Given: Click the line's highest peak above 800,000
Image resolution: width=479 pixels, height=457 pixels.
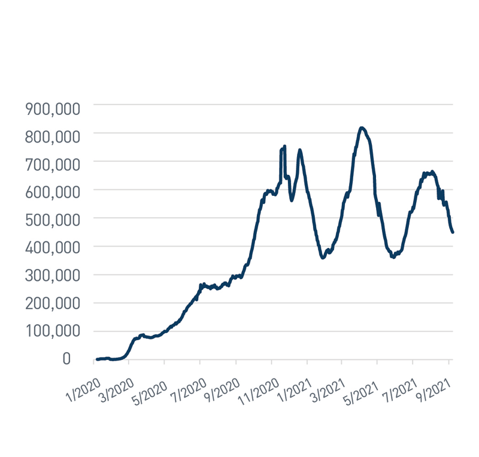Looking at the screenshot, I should click(362, 128).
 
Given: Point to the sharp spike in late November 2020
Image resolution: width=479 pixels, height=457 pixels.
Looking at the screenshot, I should click(284, 146).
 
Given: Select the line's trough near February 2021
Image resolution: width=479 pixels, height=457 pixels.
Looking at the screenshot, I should click(323, 258).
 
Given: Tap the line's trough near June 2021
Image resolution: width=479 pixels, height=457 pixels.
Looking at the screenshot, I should click(393, 257).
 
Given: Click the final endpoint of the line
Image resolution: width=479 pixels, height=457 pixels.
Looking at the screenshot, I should click(453, 232).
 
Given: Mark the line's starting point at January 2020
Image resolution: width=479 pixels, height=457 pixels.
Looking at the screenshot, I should click(96, 359).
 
